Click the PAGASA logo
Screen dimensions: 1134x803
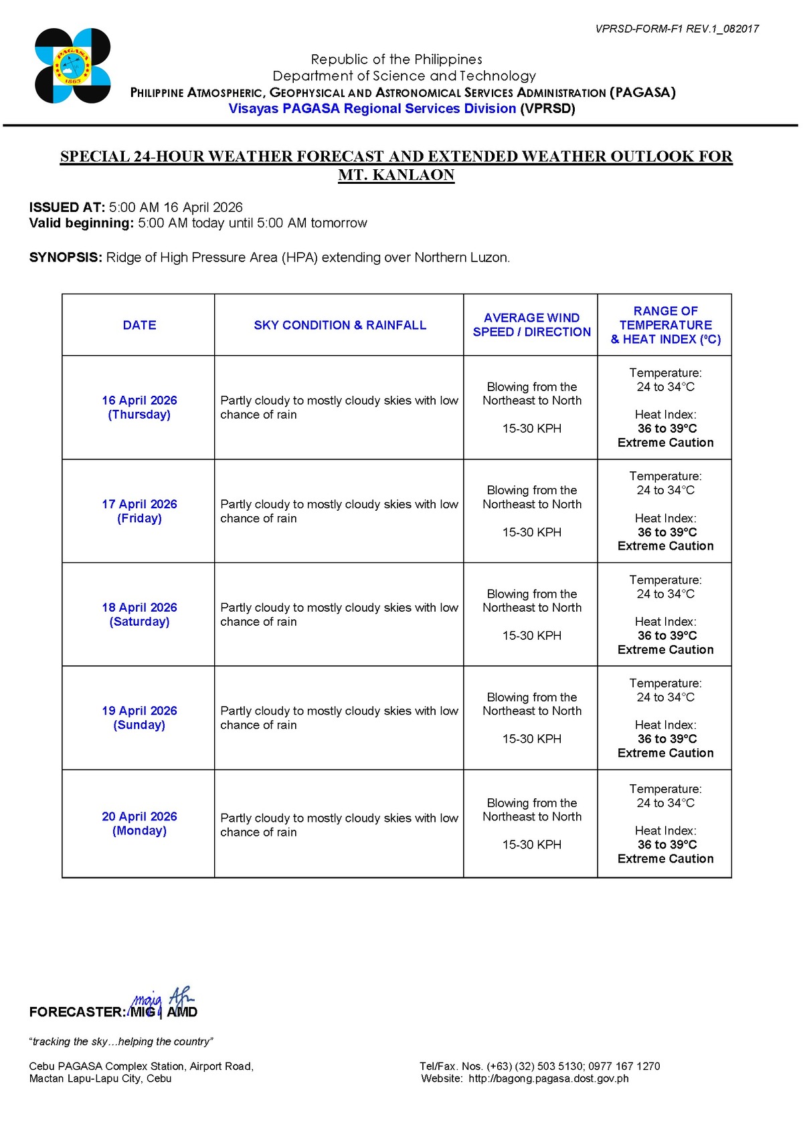[72, 66]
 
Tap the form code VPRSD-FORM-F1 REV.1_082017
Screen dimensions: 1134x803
[677, 29]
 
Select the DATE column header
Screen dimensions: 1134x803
[139, 325]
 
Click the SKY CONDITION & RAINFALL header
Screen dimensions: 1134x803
[339, 325]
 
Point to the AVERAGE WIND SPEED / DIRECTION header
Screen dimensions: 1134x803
[531, 325]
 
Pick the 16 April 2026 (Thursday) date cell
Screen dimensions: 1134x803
[139, 407]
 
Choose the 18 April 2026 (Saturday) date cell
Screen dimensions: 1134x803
[139, 614]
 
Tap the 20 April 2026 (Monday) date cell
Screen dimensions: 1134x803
[139, 823]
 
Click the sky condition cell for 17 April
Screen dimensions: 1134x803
[339, 511]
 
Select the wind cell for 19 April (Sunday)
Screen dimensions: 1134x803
[531, 717]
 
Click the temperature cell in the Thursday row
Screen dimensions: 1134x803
[665, 407]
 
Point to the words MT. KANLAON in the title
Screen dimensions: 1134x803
[396, 175]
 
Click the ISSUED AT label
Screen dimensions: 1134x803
[67, 207]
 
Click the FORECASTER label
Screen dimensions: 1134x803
[77, 1012]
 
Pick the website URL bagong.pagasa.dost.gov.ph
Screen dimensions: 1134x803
[548, 1079]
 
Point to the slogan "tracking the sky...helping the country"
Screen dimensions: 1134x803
[121, 1042]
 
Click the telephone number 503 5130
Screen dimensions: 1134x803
[551, 1066]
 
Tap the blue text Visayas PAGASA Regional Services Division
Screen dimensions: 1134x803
[372, 108]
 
